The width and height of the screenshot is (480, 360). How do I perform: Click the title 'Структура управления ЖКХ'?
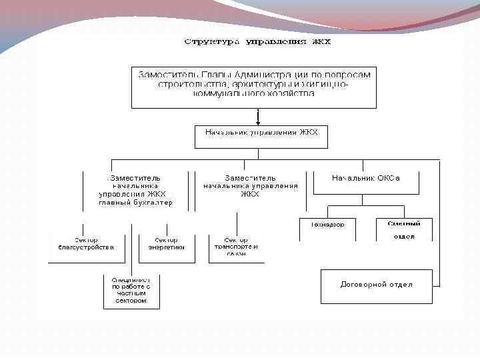coord(257,42)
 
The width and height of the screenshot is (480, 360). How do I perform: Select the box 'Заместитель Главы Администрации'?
coord(254,86)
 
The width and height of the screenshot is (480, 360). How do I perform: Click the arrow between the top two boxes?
coord(257,116)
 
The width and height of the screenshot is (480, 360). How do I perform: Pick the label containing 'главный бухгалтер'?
coord(136,190)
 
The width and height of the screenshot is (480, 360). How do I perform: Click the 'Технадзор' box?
coord(327,228)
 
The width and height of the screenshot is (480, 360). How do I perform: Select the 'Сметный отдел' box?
coord(404,229)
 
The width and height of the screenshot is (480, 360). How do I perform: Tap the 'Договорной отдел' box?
coord(377,285)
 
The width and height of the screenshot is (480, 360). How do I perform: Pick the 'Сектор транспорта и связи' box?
coord(236,246)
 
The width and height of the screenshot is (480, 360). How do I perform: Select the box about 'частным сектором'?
coord(131,291)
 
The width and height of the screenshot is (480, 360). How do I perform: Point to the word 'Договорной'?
coord(363,285)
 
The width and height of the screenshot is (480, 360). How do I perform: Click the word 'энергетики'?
coord(166,247)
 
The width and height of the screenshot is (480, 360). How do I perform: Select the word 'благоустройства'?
coord(86,247)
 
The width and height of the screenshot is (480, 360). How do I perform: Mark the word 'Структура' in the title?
coord(212,42)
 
